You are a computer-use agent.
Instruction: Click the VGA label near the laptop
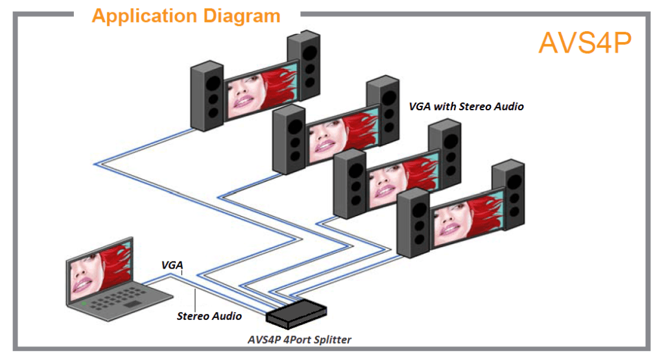click(172, 265)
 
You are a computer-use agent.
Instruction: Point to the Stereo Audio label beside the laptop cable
click(209, 316)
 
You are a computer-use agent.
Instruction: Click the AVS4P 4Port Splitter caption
click(300, 339)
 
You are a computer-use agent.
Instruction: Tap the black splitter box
click(296, 313)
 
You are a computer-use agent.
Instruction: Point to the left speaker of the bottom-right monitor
click(413, 224)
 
